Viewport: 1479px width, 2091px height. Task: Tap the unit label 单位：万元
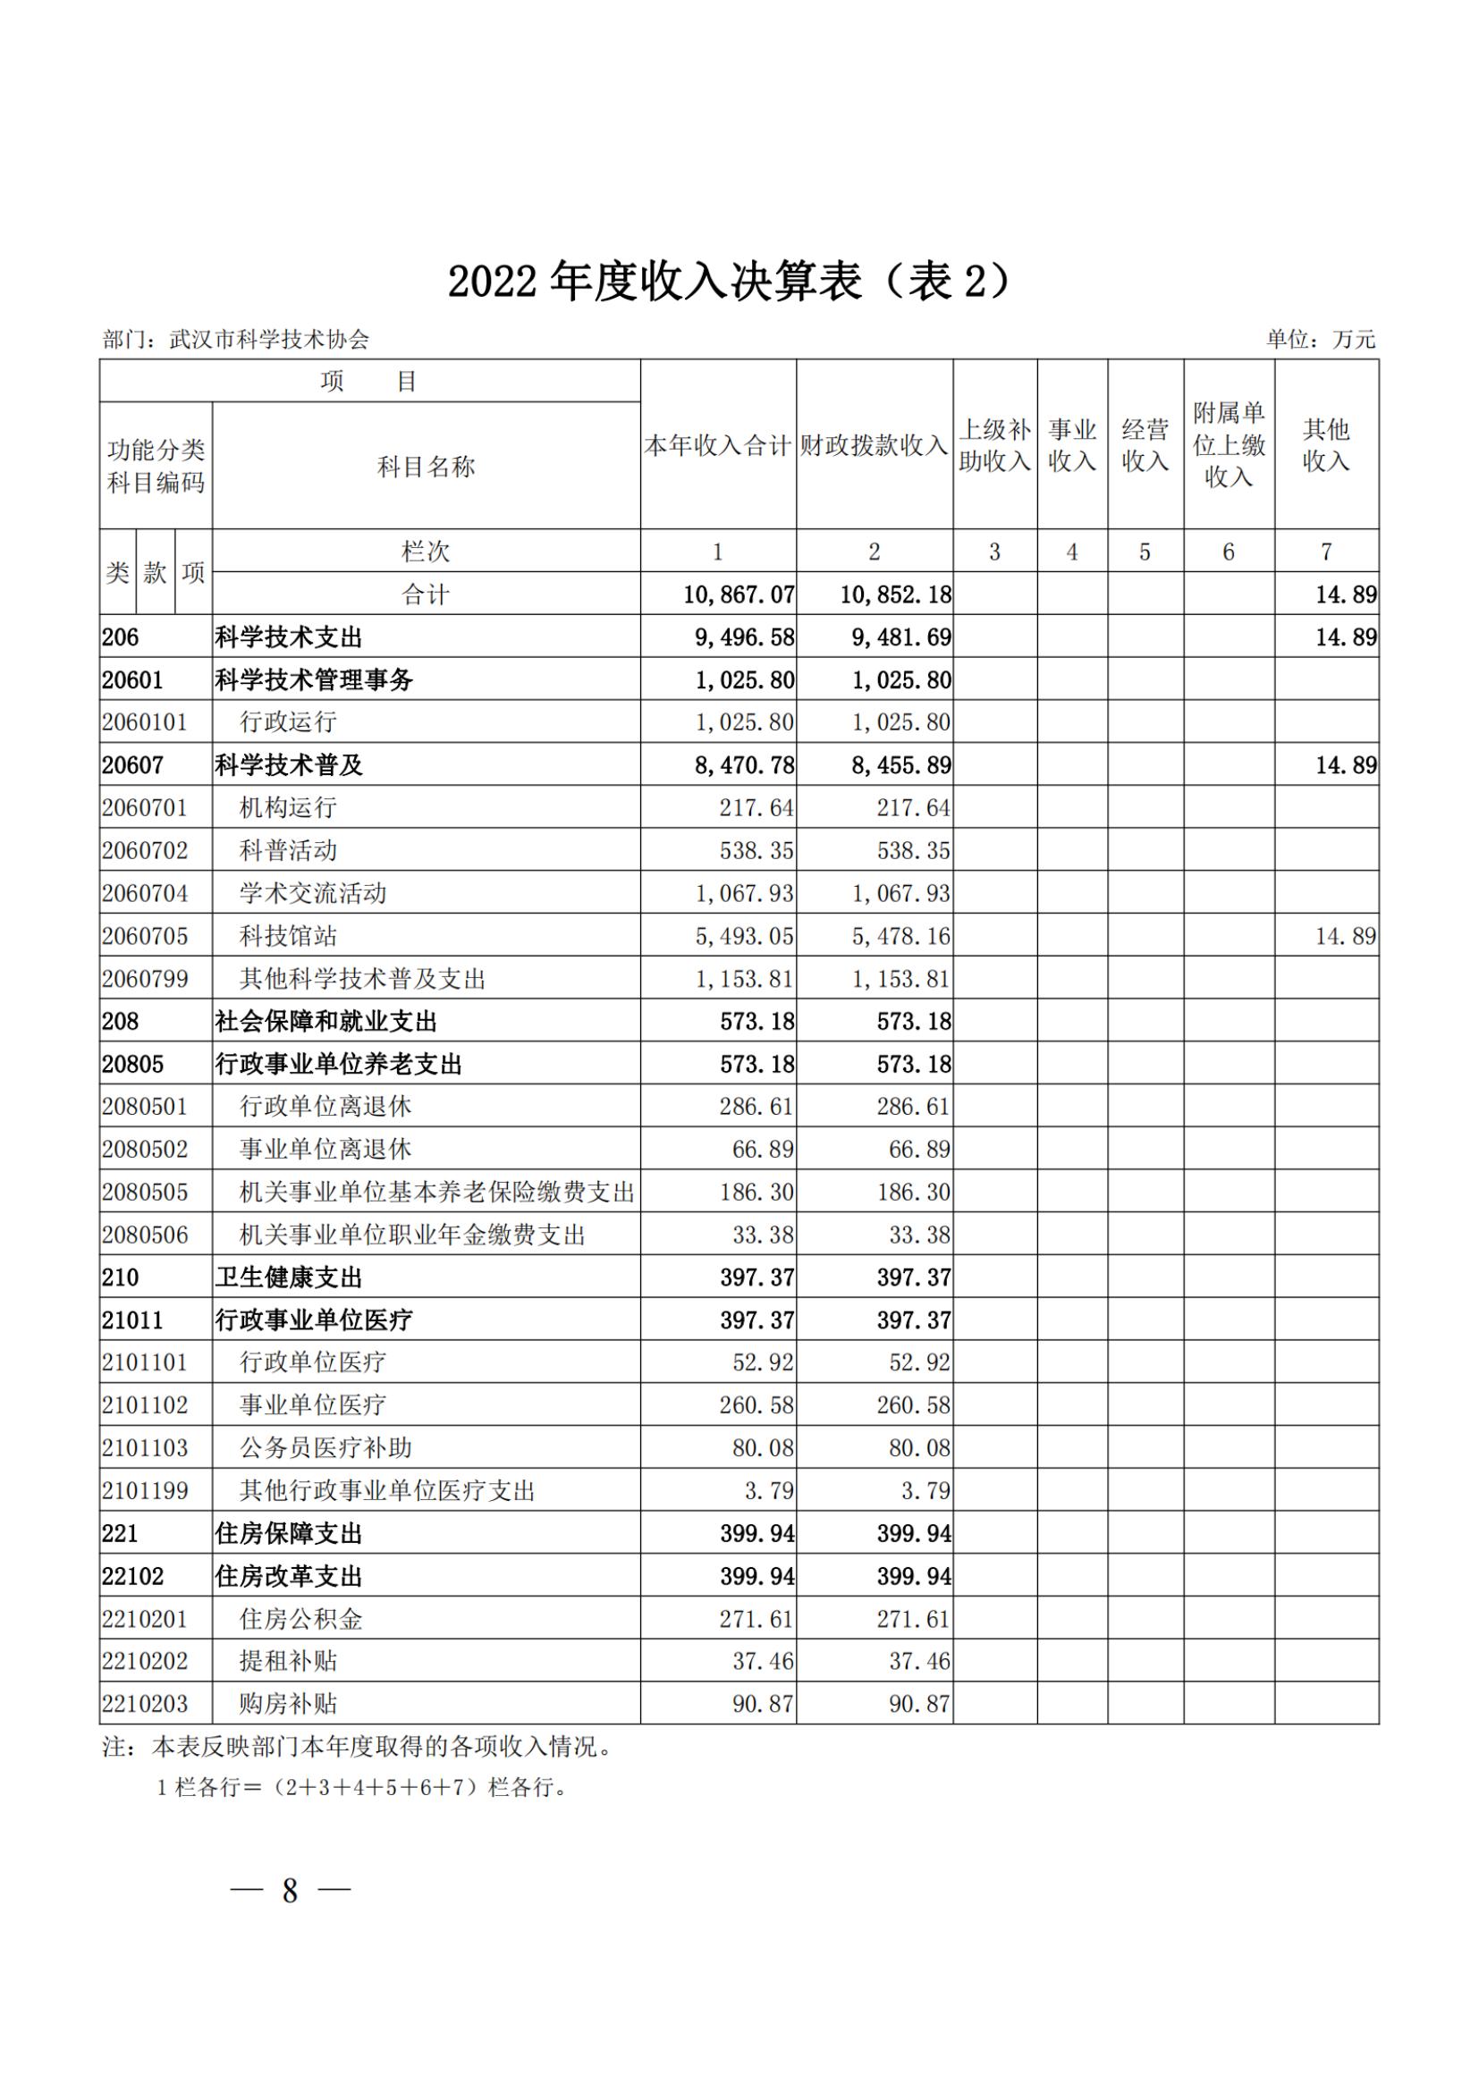point(1320,340)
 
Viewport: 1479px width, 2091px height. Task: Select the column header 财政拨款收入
point(874,445)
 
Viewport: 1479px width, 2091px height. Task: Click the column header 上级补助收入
point(994,445)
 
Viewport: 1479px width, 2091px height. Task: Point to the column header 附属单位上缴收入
point(1229,445)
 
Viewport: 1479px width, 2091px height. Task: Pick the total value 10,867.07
point(739,594)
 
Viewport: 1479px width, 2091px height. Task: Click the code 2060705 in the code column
point(145,935)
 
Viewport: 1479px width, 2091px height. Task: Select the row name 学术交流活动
point(312,892)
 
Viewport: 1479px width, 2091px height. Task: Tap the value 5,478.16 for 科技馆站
point(900,935)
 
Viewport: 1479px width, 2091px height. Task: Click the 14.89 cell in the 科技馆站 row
point(1345,935)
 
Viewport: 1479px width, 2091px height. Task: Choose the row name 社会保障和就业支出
point(325,1021)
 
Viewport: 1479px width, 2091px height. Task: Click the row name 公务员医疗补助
point(325,1447)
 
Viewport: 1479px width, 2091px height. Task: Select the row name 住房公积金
point(300,1618)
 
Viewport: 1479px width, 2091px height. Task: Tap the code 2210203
point(145,1703)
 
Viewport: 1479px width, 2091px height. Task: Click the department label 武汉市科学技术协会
point(268,340)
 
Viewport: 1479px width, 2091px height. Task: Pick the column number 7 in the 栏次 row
point(1326,551)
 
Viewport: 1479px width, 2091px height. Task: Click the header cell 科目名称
point(427,467)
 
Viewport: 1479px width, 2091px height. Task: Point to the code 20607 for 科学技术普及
point(132,765)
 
